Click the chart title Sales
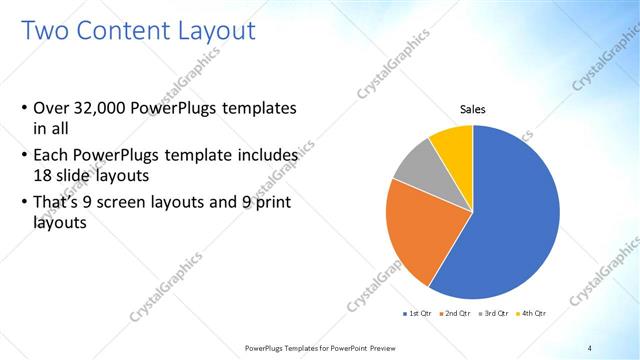473,109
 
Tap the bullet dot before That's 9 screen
24,205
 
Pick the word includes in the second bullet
265,156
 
